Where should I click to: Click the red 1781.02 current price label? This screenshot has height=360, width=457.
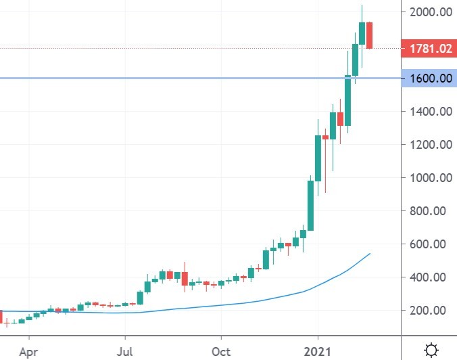coord(428,48)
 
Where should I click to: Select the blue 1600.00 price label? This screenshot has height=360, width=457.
coord(428,78)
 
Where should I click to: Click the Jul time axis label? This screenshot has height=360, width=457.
coord(124,352)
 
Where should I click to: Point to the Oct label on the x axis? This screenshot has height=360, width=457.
coord(220,352)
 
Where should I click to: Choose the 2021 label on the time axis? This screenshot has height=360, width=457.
coord(318,352)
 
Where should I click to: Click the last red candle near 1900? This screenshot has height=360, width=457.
coord(370,35)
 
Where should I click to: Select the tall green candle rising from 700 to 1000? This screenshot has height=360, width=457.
coord(310,205)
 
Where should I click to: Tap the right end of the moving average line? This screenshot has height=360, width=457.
coord(370,253)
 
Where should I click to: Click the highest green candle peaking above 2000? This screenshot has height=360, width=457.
coord(362,34)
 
